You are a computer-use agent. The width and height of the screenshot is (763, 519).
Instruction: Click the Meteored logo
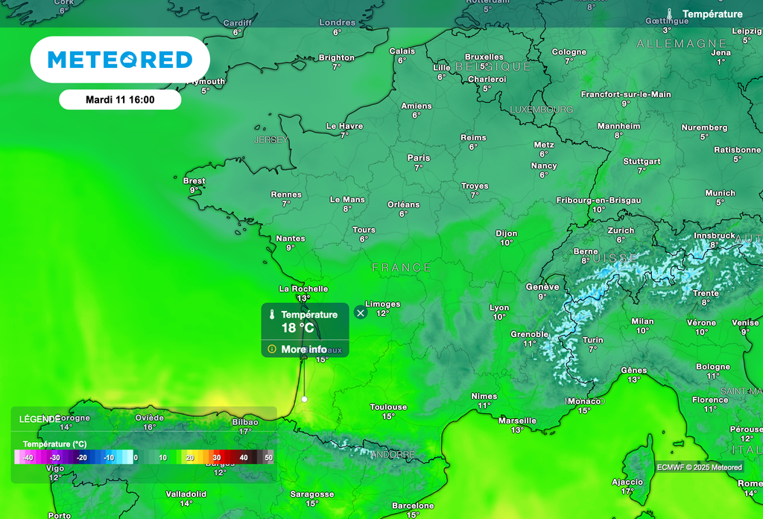(x=120, y=60)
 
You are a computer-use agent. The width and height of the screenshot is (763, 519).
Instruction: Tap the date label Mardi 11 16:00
(x=120, y=99)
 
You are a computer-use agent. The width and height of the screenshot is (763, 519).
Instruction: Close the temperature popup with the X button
(x=361, y=313)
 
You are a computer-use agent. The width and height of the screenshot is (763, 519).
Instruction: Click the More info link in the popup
(x=303, y=349)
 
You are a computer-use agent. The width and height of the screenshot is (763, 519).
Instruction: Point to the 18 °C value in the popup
(x=297, y=328)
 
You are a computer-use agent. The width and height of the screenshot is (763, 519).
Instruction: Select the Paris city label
(x=419, y=158)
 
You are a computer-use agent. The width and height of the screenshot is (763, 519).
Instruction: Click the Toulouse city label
(x=388, y=407)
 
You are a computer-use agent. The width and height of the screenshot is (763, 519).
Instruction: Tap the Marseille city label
(x=517, y=421)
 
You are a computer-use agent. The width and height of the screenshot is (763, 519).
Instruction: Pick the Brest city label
(x=194, y=181)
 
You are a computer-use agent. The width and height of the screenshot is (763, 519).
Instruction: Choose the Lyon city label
(x=499, y=308)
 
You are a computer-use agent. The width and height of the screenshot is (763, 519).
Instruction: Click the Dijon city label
(x=507, y=234)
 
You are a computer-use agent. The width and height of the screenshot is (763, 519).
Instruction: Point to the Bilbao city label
(x=245, y=422)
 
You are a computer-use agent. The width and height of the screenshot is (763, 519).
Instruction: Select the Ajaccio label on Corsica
(x=627, y=482)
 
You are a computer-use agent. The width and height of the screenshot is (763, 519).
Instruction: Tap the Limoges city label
(x=382, y=304)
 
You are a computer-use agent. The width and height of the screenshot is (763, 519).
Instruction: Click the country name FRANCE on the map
(x=402, y=267)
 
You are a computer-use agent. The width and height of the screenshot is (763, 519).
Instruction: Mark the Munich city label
(x=720, y=193)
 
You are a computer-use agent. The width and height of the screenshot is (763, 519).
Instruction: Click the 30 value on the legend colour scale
(x=217, y=458)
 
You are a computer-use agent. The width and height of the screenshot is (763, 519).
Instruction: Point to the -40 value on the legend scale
(x=28, y=458)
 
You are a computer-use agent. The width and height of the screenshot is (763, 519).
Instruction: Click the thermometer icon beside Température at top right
(x=671, y=14)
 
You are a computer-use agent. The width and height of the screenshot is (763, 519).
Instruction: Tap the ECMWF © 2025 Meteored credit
(x=700, y=468)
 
